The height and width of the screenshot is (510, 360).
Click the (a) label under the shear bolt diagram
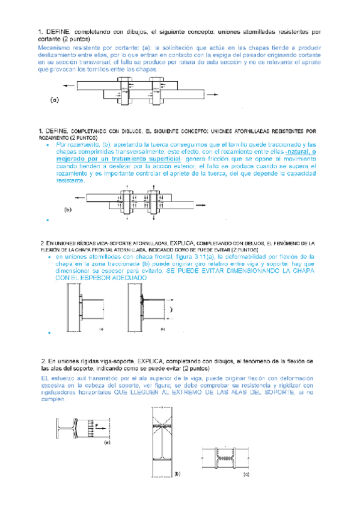(55, 100)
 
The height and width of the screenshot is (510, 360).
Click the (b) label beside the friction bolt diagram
(68, 210)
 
